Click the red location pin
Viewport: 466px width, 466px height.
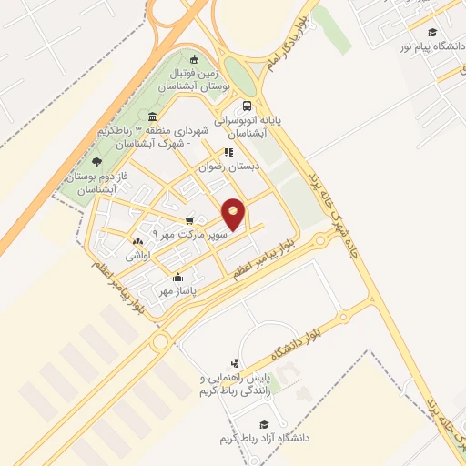click(234, 214)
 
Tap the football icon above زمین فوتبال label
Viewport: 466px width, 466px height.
click(194, 60)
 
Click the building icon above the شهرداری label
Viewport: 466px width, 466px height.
click(152, 116)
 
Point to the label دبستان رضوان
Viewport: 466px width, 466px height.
click(230, 167)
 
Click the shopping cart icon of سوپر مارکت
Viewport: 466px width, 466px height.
click(189, 220)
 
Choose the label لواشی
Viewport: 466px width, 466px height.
click(138, 256)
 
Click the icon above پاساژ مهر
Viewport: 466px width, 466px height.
click(178, 278)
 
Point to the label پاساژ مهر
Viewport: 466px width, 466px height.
click(176, 291)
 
